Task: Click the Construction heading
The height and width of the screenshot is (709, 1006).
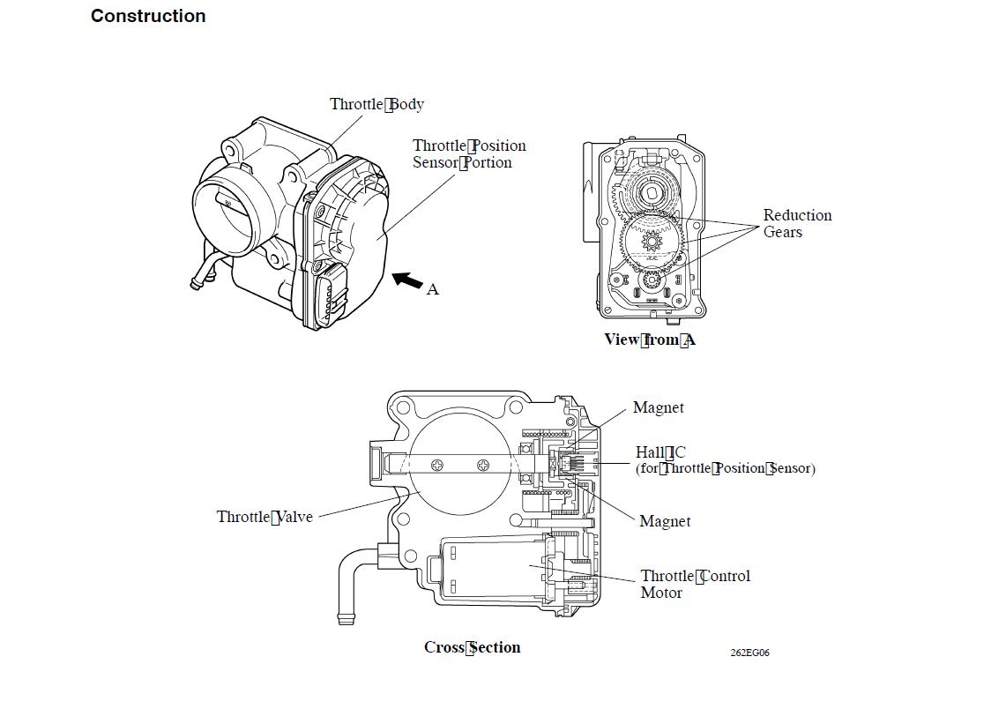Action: coord(148,16)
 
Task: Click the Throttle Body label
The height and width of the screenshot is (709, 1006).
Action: coord(376,104)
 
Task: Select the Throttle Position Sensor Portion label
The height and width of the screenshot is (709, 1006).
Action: coord(468,154)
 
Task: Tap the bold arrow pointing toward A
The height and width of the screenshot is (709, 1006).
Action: coord(406,280)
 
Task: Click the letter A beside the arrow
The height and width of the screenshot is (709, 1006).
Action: coord(432,289)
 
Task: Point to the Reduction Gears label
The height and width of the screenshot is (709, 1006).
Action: coord(797,223)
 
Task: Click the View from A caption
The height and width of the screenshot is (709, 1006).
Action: coord(649,340)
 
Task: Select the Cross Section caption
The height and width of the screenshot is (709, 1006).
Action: coord(472,647)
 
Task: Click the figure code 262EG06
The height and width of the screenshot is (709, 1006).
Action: coord(749,653)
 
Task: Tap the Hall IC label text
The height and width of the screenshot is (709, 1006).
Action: coord(660,452)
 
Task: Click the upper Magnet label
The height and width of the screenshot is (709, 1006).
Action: coord(658,407)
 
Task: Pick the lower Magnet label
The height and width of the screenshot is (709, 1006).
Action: coord(665,521)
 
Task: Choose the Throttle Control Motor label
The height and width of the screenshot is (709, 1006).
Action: coord(695,584)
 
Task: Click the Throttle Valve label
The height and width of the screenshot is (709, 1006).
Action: coord(265,517)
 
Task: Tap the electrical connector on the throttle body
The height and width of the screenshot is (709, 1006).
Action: coord(332,291)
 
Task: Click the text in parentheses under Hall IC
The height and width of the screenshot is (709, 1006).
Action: coord(725,468)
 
